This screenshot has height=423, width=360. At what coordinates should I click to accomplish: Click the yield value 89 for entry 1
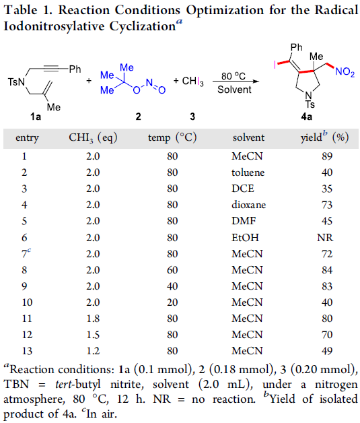point(327,156)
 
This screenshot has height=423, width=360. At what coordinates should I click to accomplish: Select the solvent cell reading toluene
point(248,172)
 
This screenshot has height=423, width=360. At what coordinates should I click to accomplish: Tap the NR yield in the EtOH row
point(325,238)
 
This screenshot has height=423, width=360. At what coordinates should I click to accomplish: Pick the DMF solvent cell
point(244,221)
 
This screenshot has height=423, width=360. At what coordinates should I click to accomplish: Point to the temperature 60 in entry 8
point(172,270)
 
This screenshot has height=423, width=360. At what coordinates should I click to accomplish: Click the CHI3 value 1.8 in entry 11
point(93,319)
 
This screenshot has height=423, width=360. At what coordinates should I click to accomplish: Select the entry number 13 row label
point(27,351)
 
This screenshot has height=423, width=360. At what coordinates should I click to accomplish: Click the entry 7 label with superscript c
point(26,253)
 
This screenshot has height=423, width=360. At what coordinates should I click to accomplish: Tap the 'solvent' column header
point(248,137)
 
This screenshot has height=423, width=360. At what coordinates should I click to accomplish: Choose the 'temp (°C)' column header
point(172,137)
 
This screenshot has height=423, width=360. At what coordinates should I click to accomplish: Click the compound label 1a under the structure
point(36,117)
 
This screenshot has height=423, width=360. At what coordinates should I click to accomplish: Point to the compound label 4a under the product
point(307,117)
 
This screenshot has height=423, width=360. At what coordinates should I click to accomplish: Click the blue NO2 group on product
point(345,72)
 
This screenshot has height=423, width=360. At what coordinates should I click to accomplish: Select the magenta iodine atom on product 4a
point(275,65)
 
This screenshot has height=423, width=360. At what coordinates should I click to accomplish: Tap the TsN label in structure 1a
point(16,82)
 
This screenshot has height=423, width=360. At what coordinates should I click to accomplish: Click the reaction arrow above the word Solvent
point(236,82)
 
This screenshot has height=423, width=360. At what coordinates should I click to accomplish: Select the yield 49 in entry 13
point(327,351)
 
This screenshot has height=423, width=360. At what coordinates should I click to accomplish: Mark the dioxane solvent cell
point(248,205)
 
